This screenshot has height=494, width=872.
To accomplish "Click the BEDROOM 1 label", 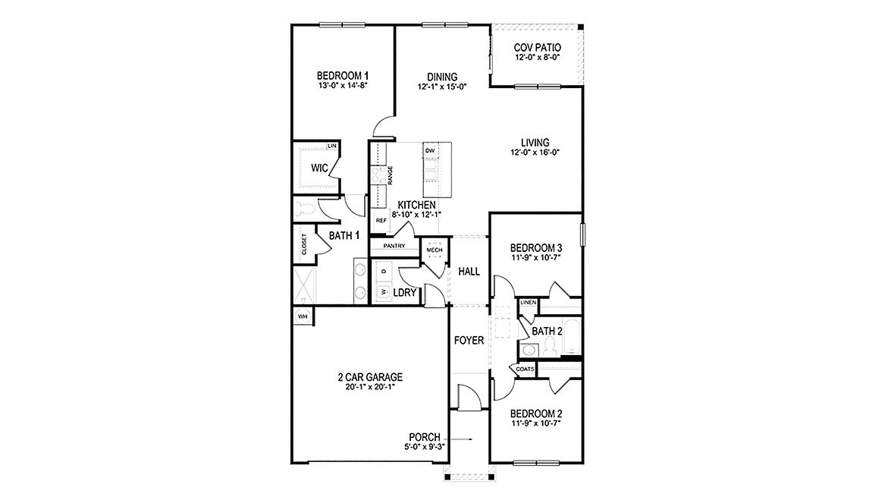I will coord(343,75).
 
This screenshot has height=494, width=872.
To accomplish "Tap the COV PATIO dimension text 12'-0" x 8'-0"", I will coord(537,57).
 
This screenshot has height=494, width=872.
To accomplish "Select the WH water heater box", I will coord(303,316).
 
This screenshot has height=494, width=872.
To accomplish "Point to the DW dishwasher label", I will coord(430,151).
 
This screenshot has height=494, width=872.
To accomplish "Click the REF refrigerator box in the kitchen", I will coord(381,220).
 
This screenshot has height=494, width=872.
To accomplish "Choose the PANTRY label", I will coord(394,246).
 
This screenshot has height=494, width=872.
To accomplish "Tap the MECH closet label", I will coord(434,250).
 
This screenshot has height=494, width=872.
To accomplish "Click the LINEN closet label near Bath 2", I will coord(529,304).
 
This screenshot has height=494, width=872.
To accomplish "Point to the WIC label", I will coord(318,168).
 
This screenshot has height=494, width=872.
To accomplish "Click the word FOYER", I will coord(469,341).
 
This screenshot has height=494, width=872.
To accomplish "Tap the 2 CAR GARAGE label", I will coord(370,377).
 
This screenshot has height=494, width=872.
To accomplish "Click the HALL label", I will coord(469,271).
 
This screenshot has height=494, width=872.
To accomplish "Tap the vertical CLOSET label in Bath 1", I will coord(304,244).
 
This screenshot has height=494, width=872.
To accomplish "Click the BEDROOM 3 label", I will coord(535,248).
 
